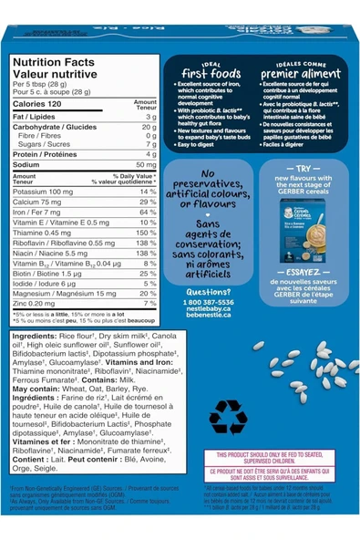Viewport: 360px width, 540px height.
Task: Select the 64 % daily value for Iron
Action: pyautogui.click(x=147, y=212)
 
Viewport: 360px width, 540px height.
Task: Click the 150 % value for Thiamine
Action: pyautogui.click(x=147, y=233)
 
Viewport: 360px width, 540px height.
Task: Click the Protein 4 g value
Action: pyautogui.click(x=152, y=154)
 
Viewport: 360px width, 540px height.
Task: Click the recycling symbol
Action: pyautogui.click(x=228, y=417)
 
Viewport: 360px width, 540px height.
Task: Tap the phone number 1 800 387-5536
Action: pyautogui.click(x=209, y=302)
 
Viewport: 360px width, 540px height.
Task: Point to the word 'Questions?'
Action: pyautogui.click(x=209, y=292)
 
